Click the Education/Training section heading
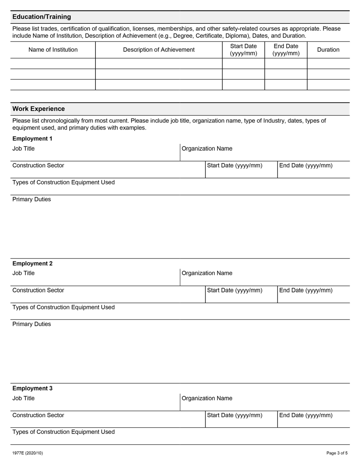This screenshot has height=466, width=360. coord(42,17)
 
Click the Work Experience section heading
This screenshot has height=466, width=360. coord(39,109)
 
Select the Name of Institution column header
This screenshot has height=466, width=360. coord(53,50)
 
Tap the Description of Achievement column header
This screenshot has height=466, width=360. coord(159,50)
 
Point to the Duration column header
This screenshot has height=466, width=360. coord(328,50)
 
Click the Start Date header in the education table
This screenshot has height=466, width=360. coord(243,50)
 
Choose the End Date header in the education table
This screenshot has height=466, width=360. coord(286,50)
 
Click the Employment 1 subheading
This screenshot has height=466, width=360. coord(33,139)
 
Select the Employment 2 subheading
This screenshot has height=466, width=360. coord(33,264)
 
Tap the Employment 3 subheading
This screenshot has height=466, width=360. coord(33,388)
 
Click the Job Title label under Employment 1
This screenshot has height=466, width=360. coord(23,149)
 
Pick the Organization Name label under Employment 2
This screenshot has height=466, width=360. coord(207,274)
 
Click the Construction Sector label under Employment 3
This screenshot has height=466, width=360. coord(38,415)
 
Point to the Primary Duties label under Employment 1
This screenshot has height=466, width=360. coord(31,200)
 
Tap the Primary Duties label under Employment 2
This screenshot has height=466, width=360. coord(31,324)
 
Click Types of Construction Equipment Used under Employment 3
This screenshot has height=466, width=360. coord(63,432)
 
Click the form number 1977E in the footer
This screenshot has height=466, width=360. coord(27,453)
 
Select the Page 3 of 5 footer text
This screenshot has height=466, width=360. coord(337,453)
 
